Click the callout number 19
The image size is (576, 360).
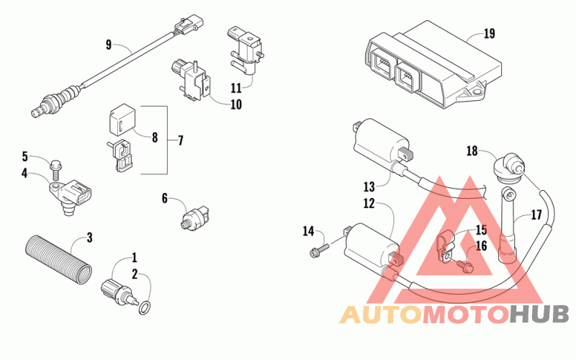tap(489, 34)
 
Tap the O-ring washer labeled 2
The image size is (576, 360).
tap(145, 307)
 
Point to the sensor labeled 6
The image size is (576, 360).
tap(197, 218)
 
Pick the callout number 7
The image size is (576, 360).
tap(180, 140)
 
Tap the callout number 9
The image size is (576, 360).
tap(109, 45)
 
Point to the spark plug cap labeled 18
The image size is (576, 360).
tap(506, 167)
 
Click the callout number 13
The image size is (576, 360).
tap(369, 186)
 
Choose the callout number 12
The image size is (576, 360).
tap(369, 203)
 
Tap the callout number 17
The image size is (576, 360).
tap(536, 215)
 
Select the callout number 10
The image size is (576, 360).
tap(236, 104)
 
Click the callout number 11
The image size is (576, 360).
tap(236, 88)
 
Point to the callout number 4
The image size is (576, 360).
tap(24, 173)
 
